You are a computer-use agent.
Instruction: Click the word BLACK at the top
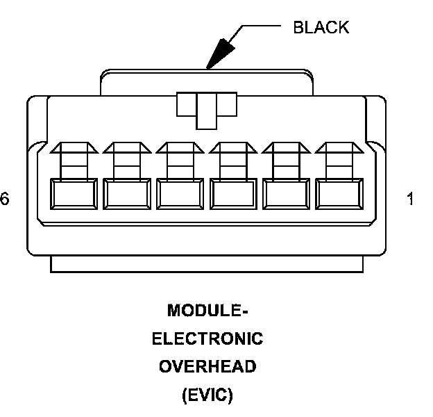pos(321,28)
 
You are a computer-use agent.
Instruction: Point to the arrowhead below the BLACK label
pos(220,54)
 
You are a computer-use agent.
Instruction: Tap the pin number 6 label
pos(5,199)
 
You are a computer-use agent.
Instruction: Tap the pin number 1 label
pos(410,199)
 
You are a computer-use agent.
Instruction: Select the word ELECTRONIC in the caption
pos(207,339)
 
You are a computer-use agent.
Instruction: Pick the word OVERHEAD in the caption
pos(207,367)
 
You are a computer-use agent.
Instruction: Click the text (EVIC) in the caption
pos(207,396)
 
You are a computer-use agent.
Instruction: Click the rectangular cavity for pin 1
pos(339,194)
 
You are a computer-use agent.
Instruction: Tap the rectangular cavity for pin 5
pos(127,194)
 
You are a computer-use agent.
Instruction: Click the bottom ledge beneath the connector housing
pos(207,265)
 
